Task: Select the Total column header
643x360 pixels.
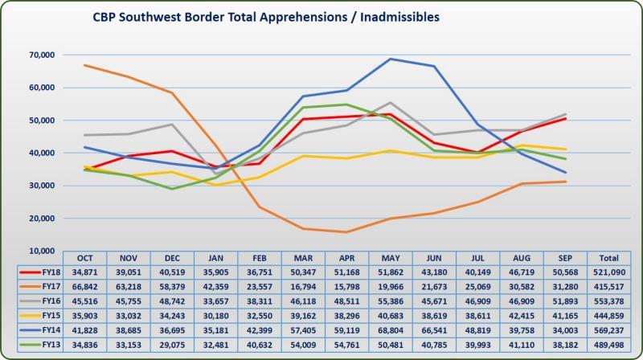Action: coord(609,259)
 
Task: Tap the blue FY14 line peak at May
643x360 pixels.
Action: coord(390,59)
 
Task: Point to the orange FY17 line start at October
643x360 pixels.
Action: coord(84,65)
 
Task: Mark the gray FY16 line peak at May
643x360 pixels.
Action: coord(390,102)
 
